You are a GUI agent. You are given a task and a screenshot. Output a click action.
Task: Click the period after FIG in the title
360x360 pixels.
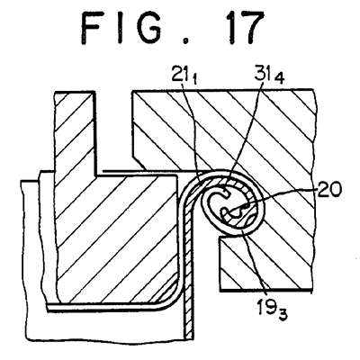coord(186,42)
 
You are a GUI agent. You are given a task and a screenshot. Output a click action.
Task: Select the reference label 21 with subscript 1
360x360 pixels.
coord(184,76)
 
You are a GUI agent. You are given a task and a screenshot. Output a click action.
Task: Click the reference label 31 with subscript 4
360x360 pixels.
coord(268,76)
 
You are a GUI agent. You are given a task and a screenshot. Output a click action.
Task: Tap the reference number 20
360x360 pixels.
coord(328,190)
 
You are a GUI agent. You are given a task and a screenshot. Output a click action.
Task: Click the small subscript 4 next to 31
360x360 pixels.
coord(279,78)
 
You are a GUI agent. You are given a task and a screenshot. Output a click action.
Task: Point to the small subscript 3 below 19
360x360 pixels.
coord(283,316)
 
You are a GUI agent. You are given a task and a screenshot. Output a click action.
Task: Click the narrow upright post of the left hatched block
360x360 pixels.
coord(75,133)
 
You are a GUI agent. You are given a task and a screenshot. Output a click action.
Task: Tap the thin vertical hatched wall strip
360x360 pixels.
coord(189,270)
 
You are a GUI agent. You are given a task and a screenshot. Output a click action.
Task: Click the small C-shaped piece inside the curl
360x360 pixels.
coord(213,200)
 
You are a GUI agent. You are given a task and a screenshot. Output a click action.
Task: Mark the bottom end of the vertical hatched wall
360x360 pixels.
coord(188,338)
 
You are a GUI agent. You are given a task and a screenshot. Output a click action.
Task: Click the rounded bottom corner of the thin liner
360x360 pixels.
coord(172,297)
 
